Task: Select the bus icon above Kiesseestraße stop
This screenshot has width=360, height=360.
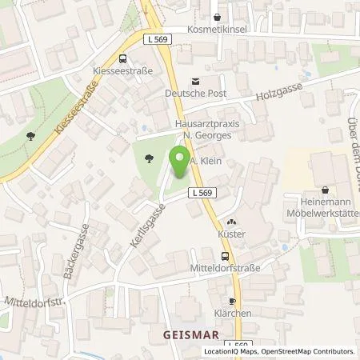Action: tap(122, 58)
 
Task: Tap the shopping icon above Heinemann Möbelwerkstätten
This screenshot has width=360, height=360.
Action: tap(325, 190)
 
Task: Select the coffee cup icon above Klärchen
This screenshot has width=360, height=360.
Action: tap(231, 301)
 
